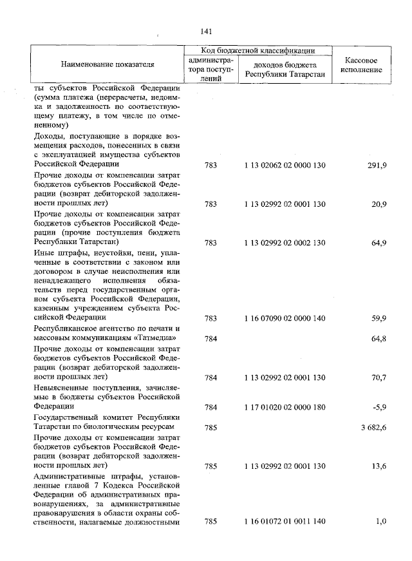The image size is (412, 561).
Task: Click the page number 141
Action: point(206,30)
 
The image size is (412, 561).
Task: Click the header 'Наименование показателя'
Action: point(108,65)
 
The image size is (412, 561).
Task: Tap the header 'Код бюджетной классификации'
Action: point(257,50)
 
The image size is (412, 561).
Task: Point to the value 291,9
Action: point(376,166)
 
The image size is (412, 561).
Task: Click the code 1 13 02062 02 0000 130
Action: point(285,166)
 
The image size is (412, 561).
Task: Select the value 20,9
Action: point(378,204)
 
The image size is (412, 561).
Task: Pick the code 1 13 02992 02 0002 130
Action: point(285,242)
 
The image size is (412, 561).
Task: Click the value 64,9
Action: point(378,242)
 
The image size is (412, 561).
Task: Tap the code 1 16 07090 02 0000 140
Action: point(285,318)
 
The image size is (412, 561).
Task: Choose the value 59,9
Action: point(378,318)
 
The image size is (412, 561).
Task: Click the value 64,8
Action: point(378,338)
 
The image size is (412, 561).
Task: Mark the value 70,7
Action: point(378,377)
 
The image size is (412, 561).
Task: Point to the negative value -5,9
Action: point(379,407)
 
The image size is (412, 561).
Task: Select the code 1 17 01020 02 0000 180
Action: point(285,407)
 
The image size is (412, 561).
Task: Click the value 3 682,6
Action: point(372,427)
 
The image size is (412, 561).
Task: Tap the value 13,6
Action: point(378,465)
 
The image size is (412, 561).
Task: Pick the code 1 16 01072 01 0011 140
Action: point(285,521)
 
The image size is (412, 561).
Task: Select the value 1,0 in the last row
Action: point(380,521)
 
